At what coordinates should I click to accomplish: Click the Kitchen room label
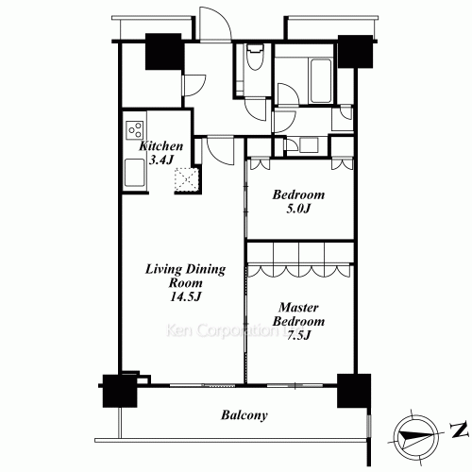160,146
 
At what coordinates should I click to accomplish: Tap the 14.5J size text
185,296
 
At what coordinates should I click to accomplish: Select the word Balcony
244,415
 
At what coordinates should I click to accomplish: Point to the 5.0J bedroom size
298,209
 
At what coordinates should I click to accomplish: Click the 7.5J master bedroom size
299,335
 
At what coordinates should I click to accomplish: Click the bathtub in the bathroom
321,80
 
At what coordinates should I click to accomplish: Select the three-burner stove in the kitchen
135,130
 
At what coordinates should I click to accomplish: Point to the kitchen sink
135,173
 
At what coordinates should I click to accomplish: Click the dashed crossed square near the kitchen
187,179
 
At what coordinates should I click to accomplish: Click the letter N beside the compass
459,430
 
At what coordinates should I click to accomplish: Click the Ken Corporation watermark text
230,330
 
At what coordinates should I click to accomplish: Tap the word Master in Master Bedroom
298,308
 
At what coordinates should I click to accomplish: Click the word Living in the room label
163,269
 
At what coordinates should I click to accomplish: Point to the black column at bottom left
120,391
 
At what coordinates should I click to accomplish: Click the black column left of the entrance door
163,51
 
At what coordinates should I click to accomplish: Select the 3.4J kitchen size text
160,160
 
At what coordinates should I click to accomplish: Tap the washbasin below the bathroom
309,145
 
